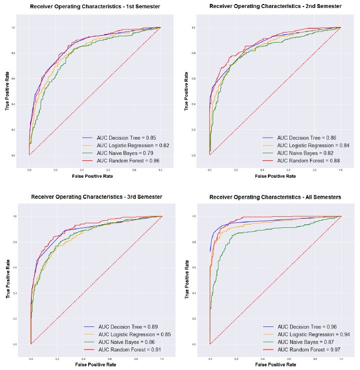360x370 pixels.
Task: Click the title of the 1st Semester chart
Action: pyautogui.click(x=95, y=7)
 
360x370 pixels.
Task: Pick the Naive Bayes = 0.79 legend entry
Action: pyautogui.click(x=123, y=153)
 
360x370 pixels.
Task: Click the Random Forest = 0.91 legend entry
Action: pyautogui.click(x=129, y=349)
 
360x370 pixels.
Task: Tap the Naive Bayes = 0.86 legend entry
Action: pyautogui.click(x=127, y=341)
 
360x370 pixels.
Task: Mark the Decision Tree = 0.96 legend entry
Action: pyautogui.click(x=306, y=326)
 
